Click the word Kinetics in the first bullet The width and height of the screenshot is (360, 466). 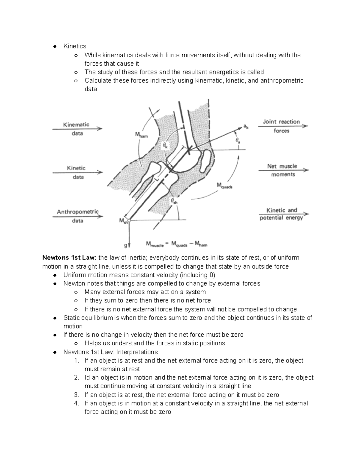tap(75, 46)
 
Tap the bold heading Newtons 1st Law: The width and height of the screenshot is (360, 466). tap(70, 258)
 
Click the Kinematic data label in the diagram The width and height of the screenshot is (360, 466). tap(76, 129)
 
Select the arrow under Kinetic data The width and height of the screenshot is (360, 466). tap(78, 173)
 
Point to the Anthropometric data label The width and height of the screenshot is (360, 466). tap(77, 216)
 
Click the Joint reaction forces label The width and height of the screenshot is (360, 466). tap(281, 126)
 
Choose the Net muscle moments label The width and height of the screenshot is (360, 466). tap(282, 170)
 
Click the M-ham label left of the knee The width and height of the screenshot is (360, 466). tap(141, 135)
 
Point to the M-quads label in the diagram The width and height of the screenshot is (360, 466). tap(224, 186)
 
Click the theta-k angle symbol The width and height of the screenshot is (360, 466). tap(166, 146)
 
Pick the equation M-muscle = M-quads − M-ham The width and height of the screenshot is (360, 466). tap(177, 244)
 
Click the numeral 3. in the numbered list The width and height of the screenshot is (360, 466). tap(76, 395)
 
